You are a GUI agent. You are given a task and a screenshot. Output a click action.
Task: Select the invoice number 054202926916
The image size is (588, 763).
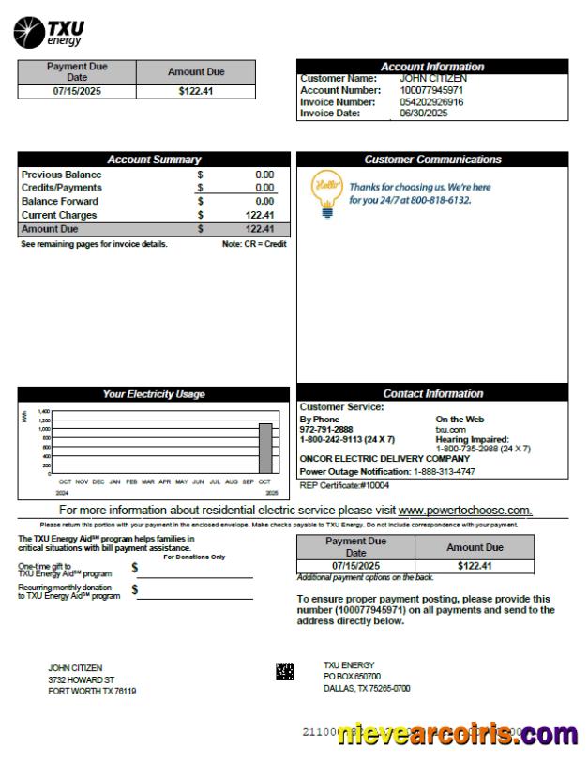[431, 101]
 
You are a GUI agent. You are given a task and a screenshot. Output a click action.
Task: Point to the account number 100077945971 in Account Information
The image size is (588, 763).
[431, 90]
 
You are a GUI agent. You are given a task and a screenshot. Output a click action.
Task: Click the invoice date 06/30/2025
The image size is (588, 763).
[424, 113]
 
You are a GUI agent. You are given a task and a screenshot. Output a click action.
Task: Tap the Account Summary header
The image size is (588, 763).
[154, 160]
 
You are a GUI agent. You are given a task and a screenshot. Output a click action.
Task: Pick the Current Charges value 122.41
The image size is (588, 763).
[260, 215]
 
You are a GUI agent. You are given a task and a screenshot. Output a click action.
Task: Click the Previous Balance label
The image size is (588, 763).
[61, 175]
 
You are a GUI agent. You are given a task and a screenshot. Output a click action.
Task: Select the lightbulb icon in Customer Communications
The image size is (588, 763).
[325, 193]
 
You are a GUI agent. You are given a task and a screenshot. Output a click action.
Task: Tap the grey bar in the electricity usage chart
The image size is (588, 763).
[265, 449]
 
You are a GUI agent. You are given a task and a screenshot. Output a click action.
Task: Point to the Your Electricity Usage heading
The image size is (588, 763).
[154, 394]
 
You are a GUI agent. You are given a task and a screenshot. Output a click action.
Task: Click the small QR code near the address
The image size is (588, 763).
[284, 671]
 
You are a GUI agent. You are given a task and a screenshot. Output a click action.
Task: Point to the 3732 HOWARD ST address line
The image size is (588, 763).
[82, 679]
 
